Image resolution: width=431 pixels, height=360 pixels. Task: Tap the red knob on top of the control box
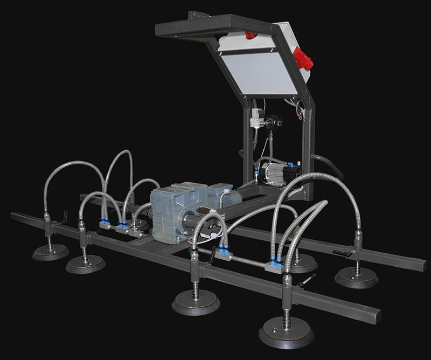pyautogui.click(x=251, y=36)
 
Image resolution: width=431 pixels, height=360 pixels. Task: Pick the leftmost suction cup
pyautogui.click(x=50, y=252)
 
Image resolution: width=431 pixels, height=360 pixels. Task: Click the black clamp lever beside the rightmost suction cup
pyautogui.click(x=341, y=252)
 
